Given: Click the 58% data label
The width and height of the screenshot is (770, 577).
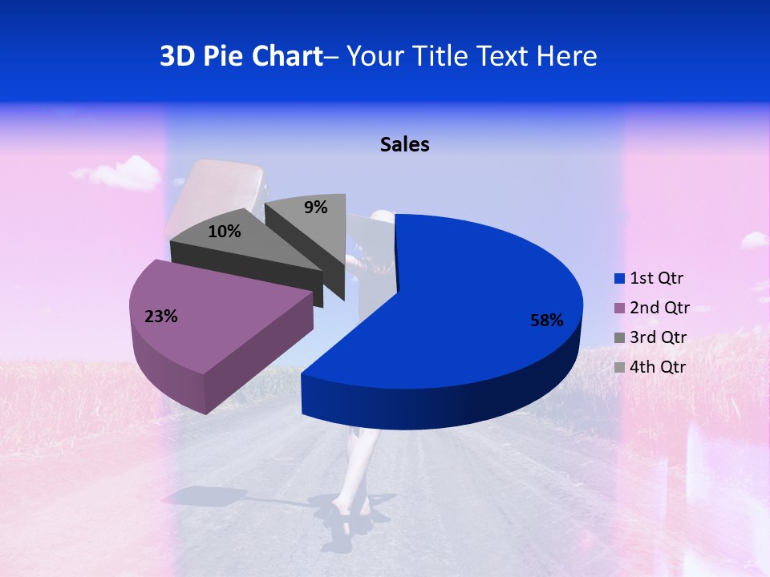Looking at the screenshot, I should [547, 321].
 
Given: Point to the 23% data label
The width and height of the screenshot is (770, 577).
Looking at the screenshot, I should [161, 317].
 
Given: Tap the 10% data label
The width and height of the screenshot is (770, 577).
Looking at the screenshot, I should [224, 232].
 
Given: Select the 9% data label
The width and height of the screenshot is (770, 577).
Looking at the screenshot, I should [316, 208].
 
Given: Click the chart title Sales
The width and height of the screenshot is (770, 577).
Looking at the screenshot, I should [404, 144].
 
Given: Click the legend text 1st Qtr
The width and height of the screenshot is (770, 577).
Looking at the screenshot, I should [657, 278].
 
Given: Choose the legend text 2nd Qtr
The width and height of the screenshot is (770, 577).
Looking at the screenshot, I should [659, 308].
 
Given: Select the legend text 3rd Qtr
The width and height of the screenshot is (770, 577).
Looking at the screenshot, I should [659, 337].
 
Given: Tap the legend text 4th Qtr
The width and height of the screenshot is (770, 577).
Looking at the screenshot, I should [659, 367].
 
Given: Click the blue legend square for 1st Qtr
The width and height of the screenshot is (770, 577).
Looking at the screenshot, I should [619, 279].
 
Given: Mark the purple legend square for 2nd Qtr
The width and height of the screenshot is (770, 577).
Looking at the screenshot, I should [619, 309].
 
